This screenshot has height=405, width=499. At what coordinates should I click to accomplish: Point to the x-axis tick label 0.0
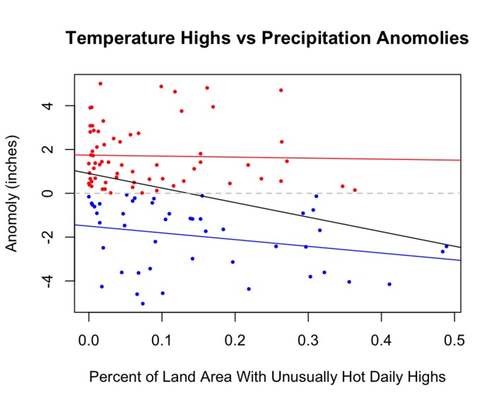click(x=88, y=340)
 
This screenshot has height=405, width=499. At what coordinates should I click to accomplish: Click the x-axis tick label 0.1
click(x=162, y=340)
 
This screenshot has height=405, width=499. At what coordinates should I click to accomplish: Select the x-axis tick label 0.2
click(x=235, y=340)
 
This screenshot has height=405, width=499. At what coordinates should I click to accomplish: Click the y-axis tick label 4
click(x=50, y=106)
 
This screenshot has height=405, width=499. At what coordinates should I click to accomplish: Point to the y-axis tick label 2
click(x=50, y=150)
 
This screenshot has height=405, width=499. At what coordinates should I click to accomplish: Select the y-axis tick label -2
click(x=50, y=237)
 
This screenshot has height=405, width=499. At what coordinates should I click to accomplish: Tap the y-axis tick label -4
click(x=50, y=281)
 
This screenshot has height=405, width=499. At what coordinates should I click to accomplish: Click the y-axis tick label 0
click(x=50, y=193)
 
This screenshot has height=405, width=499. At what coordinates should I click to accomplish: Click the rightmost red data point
click(x=355, y=189)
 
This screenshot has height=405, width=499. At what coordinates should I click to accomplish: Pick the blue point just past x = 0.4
click(x=389, y=284)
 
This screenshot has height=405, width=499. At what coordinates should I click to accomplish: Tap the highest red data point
click(x=100, y=83)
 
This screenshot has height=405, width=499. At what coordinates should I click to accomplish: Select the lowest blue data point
click(x=143, y=304)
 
